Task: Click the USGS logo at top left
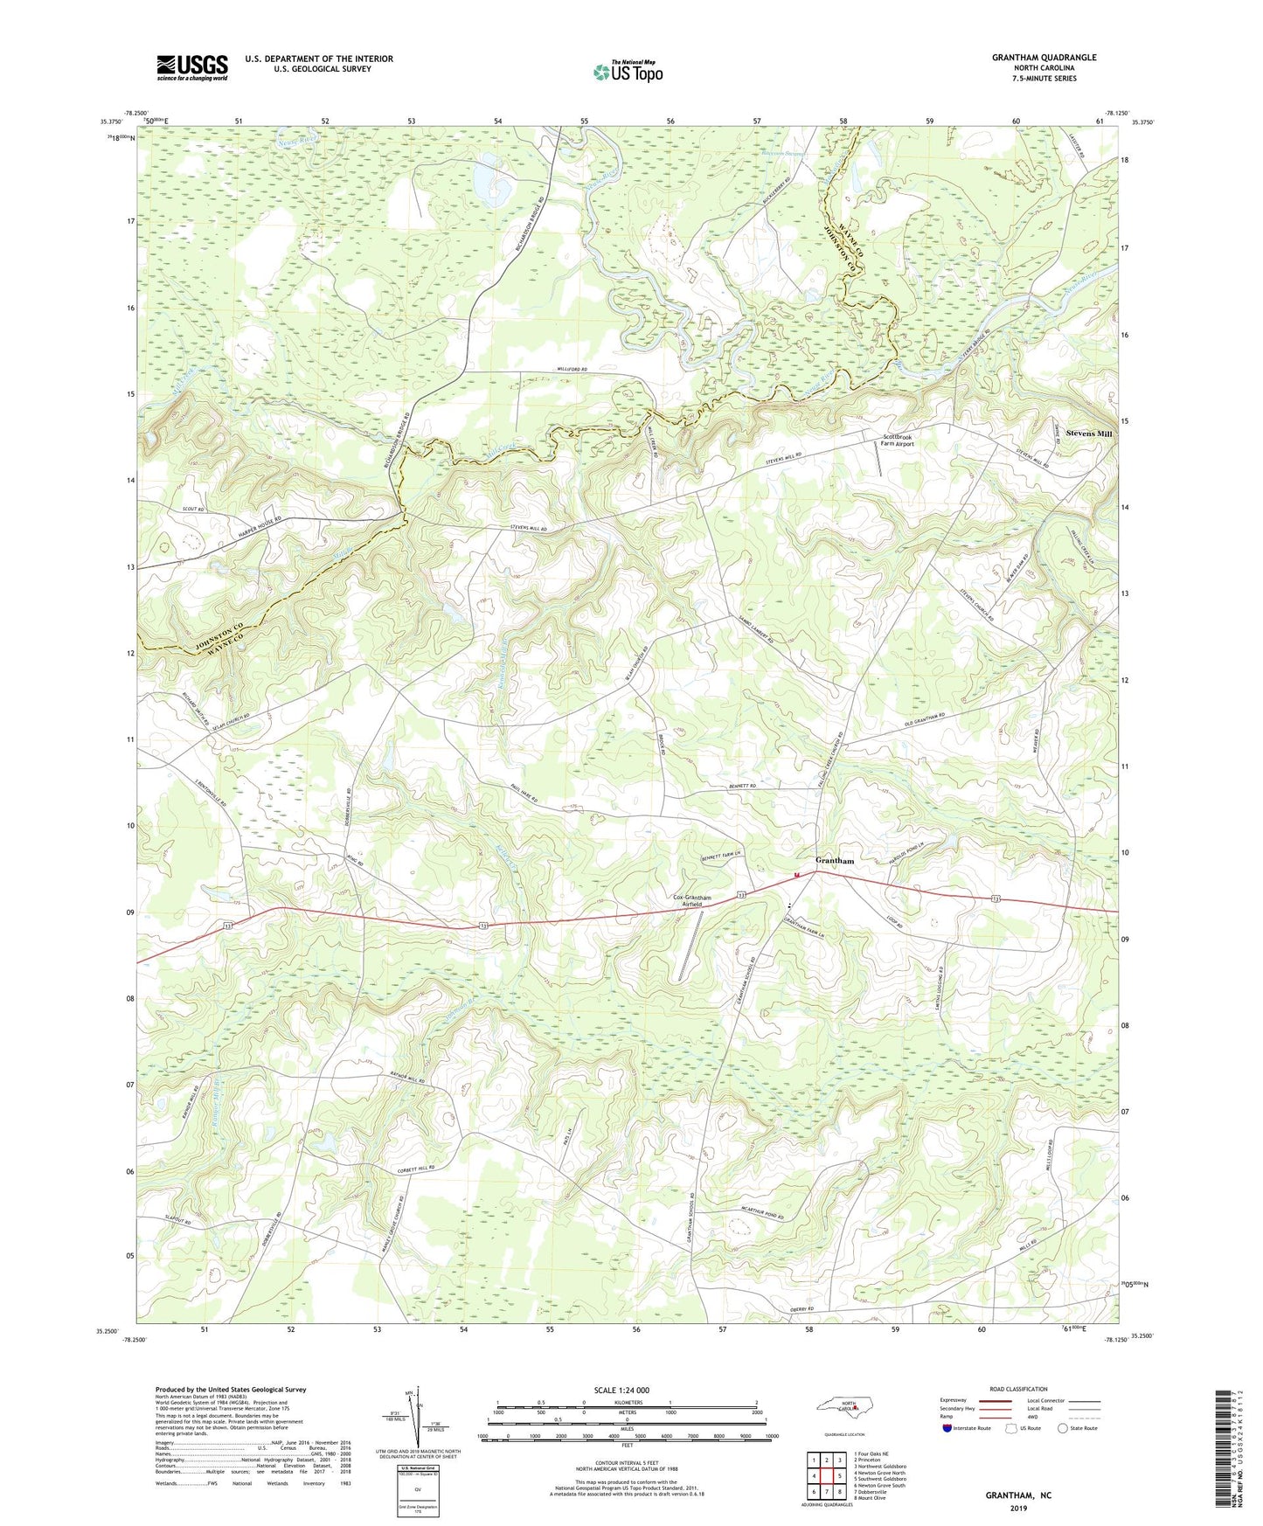[192, 67]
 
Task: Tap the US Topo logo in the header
[627, 73]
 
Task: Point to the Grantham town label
[834, 861]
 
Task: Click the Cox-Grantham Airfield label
[691, 902]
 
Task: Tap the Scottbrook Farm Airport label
[898, 440]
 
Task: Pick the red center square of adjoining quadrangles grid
[827, 1476]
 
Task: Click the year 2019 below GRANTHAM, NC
[1018, 1508]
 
